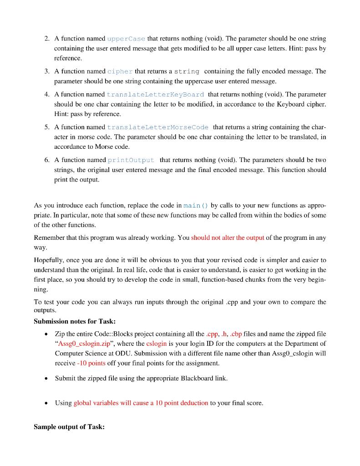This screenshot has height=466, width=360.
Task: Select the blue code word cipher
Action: pos(120,71)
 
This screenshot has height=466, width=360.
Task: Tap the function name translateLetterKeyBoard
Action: pos(155,94)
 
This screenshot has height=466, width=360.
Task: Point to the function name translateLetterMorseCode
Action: pos(157,127)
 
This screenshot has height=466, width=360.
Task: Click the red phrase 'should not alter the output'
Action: pos(228,238)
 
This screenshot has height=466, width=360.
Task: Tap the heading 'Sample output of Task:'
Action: pos(69,426)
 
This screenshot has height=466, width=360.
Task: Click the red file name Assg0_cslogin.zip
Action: pos(83,343)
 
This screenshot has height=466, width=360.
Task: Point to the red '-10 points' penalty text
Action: pos(91,363)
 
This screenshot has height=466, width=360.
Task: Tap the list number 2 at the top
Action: pos(47,39)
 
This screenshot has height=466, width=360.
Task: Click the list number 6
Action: pos(47,160)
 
